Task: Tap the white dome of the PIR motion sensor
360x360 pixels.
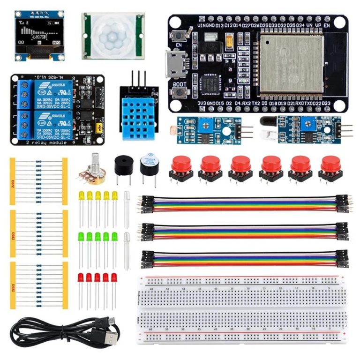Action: pos(112,36)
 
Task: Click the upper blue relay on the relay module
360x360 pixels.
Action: pos(45,92)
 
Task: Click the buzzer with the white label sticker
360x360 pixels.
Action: pos(150,162)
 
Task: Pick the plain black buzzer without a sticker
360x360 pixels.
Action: pos(123,165)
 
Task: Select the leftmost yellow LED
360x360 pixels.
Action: pos(81,195)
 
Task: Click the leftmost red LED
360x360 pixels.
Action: pos(81,277)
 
